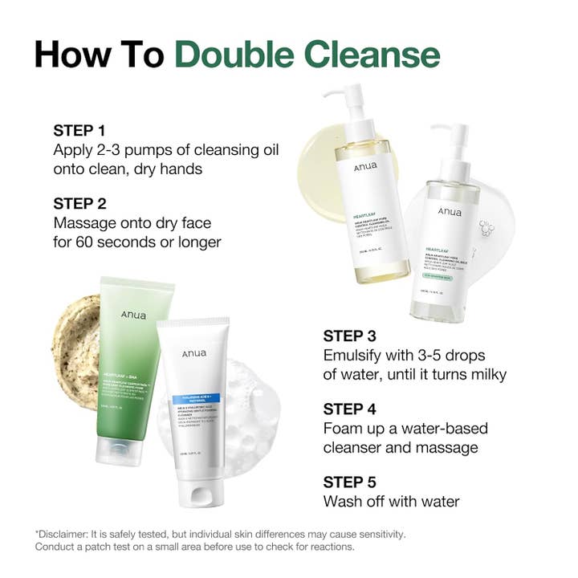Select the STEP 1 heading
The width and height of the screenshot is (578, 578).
click(79, 130)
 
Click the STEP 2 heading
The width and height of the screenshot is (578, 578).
click(79, 202)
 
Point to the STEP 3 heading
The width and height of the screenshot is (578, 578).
click(349, 336)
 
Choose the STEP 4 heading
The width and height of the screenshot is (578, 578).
click(349, 409)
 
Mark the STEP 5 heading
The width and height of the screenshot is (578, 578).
click(349, 482)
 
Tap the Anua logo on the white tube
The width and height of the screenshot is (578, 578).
click(194, 354)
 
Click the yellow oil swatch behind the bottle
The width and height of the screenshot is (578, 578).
click(317, 161)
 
